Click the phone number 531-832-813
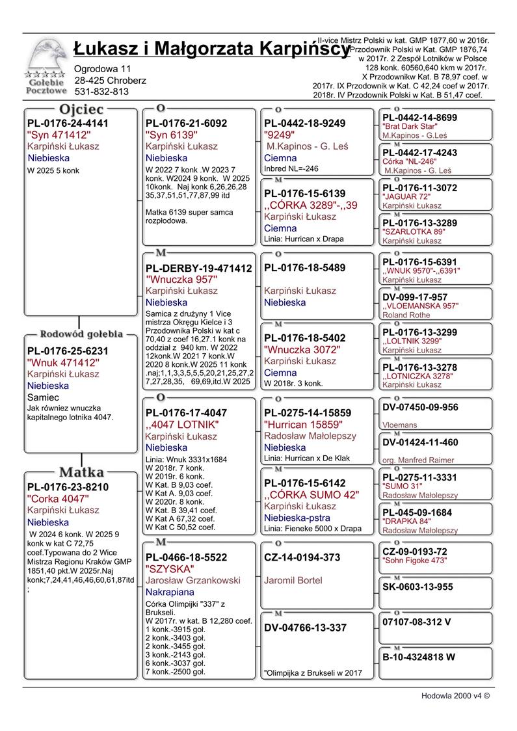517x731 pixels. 101,92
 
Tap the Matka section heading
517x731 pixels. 81,472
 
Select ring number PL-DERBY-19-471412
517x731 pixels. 198,268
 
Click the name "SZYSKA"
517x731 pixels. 165,568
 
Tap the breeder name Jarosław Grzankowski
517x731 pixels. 192,580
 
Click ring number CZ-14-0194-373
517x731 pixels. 302,557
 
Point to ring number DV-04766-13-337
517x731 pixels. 306,628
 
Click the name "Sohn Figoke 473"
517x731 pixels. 416,560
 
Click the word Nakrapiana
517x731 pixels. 171,592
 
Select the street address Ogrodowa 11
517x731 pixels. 103,68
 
